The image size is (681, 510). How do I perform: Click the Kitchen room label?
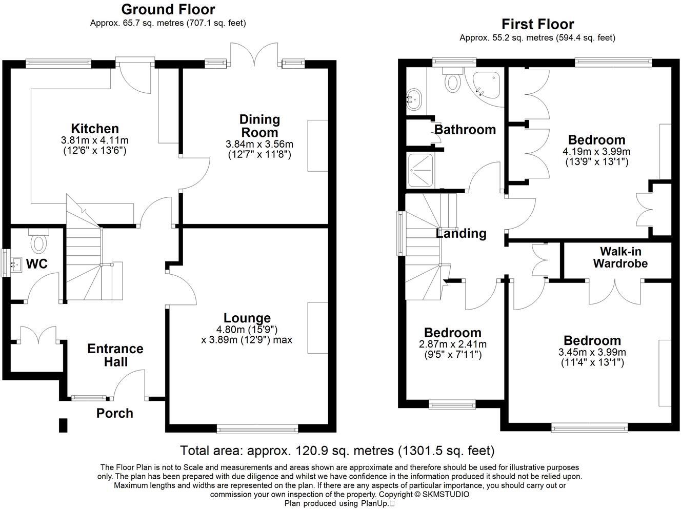[x=94, y=128]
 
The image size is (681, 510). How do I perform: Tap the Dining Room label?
[x=259, y=126]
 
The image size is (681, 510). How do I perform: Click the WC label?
[x=37, y=264]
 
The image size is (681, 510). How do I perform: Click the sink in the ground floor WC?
[x=16, y=263]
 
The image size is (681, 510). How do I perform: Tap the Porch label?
[x=115, y=413]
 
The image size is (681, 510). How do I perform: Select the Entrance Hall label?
[x=115, y=355]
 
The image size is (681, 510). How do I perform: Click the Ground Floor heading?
[x=168, y=9]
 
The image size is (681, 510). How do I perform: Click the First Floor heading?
[x=537, y=24]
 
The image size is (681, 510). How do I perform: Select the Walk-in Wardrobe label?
[x=620, y=257]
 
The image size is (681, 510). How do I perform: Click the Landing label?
[x=461, y=234]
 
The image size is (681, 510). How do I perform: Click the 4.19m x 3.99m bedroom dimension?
[x=596, y=152]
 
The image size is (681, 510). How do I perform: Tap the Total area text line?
[x=337, y=451]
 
